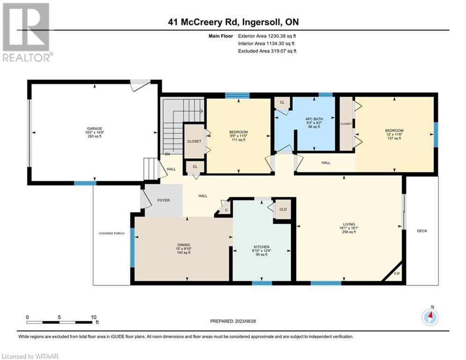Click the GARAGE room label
point(95,128)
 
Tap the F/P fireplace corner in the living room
point(397,273)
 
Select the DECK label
point(422,231)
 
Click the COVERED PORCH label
point(111,233)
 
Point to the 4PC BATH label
point(314,119)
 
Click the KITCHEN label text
point(261,247)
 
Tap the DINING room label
point(184,245)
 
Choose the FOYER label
point(163,200)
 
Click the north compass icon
point(430,317)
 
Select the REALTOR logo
point(27,32)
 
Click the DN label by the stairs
point(167,154)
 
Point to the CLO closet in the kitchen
point(283,209)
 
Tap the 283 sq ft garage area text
point(95,136)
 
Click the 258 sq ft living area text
point(349,232)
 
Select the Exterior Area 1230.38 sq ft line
point(267,36)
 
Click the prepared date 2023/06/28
point(245,321)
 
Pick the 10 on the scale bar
point(94,317)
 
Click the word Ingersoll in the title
point(261,22)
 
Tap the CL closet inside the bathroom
point(282,102)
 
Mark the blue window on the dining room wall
point(132,248)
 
